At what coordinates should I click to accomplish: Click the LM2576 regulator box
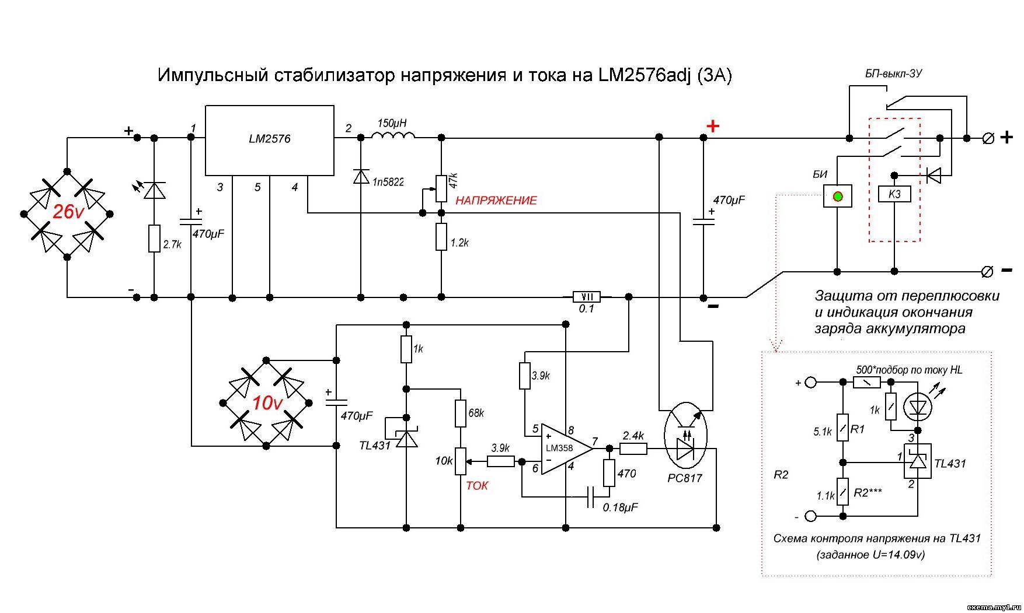click(269, 140)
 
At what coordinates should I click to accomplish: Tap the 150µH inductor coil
click(393, 136)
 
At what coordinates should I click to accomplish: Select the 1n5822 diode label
click(388, 182)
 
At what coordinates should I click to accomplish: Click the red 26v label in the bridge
click(68, 212)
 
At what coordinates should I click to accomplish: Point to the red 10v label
click(267, 403)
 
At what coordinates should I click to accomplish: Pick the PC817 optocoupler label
click(685, 478)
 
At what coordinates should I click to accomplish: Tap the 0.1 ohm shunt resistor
click(587, 297)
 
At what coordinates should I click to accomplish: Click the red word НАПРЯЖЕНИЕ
click(496, 201)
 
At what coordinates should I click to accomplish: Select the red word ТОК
click(477, 485)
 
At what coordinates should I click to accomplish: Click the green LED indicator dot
click(837, 196)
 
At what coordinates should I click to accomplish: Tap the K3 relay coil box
click(894, 194)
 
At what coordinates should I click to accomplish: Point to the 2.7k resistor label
click(172, 245)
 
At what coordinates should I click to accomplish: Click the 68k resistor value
click(476, 413)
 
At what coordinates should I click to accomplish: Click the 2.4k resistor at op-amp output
click(633, 449)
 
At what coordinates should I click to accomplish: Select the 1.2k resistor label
click(459, 243)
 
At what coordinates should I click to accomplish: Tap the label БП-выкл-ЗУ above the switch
click(893, 74)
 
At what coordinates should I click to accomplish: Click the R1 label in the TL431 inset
click(858, 430)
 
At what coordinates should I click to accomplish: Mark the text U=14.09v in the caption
click(900, 555)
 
